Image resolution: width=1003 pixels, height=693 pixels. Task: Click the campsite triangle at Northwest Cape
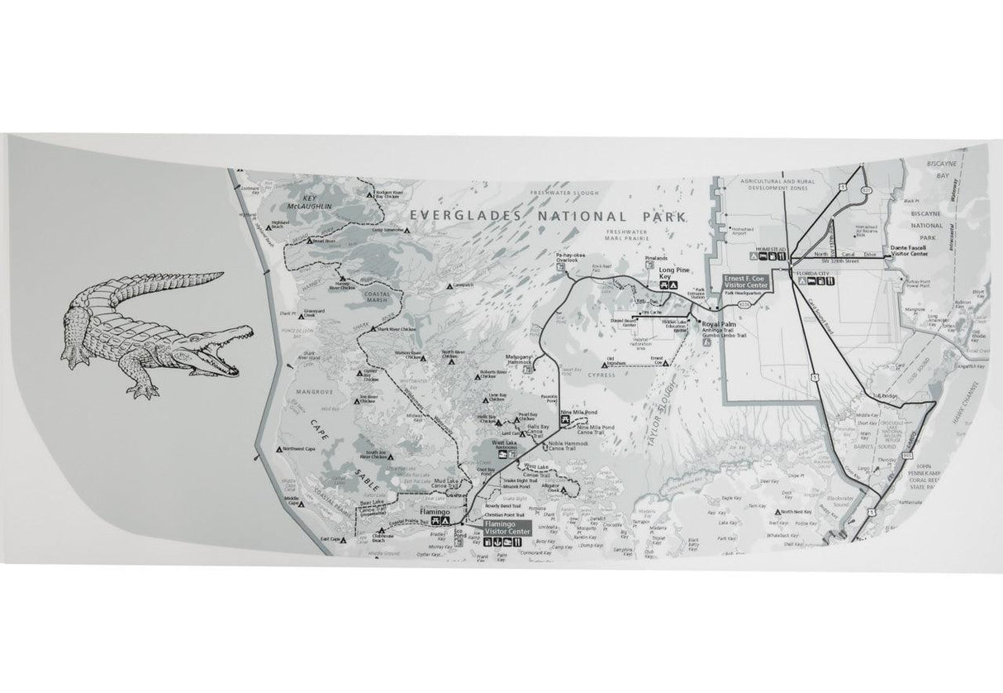click(x=278, y=448)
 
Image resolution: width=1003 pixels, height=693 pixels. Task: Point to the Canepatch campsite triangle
click(x=446, y=284)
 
